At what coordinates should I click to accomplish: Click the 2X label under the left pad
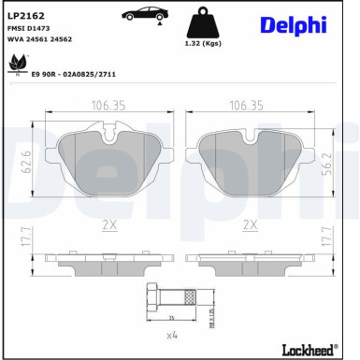(x=109, y=224)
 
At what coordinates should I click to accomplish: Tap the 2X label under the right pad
(x=250, y=224)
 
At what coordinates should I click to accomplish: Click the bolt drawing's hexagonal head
(x=154, y=299)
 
